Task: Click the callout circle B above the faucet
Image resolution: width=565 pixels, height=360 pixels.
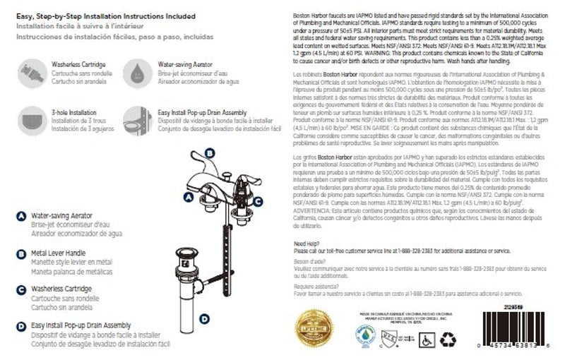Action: click(x=209, y=152)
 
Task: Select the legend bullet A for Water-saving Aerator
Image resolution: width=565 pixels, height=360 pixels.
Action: click(x=21, y=216)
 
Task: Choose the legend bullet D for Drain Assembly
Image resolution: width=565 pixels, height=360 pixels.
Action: click(x=21, y=326)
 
